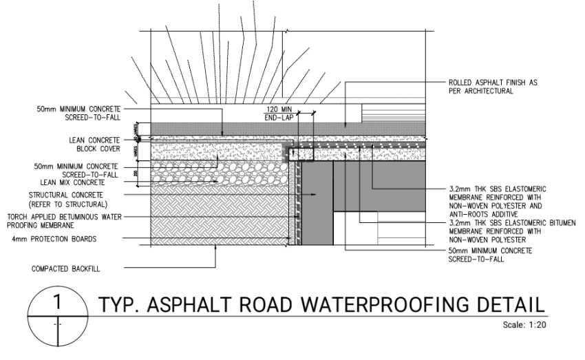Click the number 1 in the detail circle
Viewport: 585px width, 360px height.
pyautogui.click(x=58, y=301)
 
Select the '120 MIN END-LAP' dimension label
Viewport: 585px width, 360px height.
pyautogui.click(x=278, y=114)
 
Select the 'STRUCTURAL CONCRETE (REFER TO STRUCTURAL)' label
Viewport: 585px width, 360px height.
pyautogui.click(x=67, y=199)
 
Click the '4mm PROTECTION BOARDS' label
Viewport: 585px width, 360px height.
pyautogui.click(x=67, y=239)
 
